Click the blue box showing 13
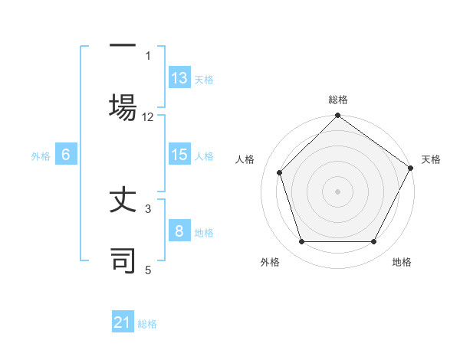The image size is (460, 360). click(179, 78)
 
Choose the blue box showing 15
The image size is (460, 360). click(179, 155)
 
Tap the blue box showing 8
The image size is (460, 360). click(179, 231)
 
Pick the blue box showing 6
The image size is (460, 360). click(66, 155)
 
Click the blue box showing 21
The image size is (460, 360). click(123, 323)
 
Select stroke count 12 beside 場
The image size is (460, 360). click(148, 116)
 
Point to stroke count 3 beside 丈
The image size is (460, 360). click(148, 208)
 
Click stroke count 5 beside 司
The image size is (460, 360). click(148, 269)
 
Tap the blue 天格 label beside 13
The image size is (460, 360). click(204, 79)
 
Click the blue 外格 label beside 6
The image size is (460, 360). click(41, 155)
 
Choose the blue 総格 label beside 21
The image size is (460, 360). click(147, 324)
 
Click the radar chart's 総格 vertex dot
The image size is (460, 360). click(337, 116)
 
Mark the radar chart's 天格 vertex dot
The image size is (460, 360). click(410, 168)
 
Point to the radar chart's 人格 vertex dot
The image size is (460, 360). click(280, 172)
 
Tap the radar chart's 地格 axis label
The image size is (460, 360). click(402, 262)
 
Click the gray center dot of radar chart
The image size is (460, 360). click(337, 191)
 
